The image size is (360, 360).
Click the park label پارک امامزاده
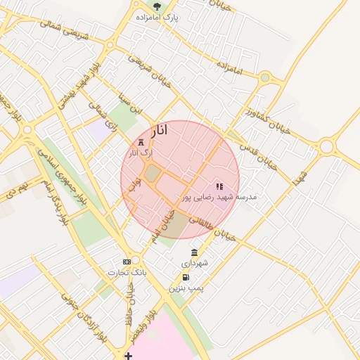[164, 16]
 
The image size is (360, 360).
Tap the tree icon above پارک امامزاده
[157, 6]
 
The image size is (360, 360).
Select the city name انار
[160, 131]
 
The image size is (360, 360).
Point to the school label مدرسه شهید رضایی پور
[220, 198]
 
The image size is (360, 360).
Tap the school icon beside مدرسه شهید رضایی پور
[219, 187]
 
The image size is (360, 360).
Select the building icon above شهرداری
[194, 252]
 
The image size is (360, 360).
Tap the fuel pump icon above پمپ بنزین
[185, 277]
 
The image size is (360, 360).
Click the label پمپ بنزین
[184, 288]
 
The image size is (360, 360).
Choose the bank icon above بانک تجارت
[127, 262]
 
